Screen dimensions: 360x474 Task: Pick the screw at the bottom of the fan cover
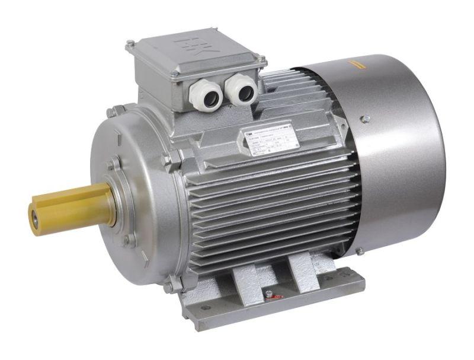(360, 251)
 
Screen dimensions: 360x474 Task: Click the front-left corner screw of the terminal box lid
(173, 74)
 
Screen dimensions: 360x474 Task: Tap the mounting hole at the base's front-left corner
(204, 308)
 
